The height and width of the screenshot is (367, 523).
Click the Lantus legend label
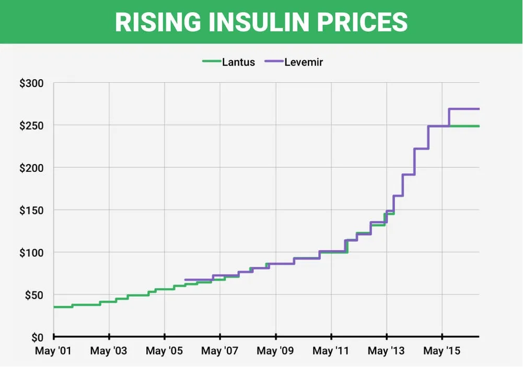pyautogui.click(x=238, y=62)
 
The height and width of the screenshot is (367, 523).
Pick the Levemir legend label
pyautogui.click(x=304, y=62)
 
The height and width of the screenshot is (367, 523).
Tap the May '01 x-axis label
pyautogui.click(x=53, y=351)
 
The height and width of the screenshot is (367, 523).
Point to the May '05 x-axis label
pyautogui.click(x=164, y=351)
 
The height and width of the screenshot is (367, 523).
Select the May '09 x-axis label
pyautogui.click(x=275, y=351)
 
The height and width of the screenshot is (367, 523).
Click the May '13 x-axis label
pyautogui.click(x=386, y=351)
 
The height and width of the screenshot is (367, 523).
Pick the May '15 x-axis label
pyautogui.click(x=442, y=351)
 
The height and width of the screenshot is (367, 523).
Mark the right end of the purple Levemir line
pyautogui.click(x=479, y=109)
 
